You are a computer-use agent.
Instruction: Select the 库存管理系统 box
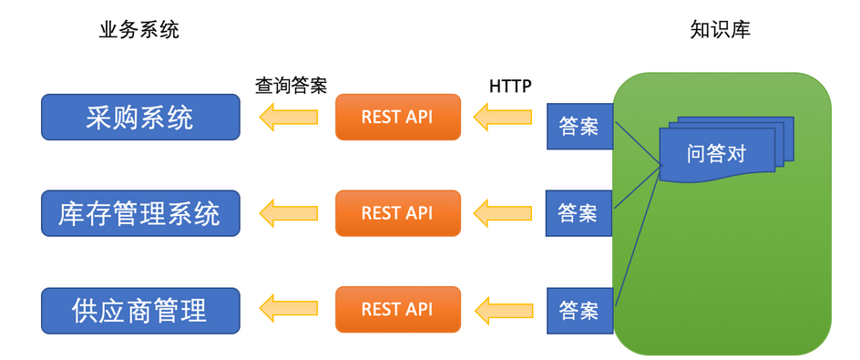coord(141,214)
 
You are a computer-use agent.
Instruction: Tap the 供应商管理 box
coord(141,310)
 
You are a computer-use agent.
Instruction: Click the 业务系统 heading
coord(139,30)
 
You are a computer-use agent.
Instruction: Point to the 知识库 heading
coord(721,30)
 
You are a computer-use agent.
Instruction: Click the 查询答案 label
coord(291,86)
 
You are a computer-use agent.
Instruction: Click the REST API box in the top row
coord(397,117)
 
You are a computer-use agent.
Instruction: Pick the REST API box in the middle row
coord(397,213)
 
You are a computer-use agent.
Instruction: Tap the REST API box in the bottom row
coord(397,310)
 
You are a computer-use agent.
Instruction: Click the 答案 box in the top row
coord(579,127)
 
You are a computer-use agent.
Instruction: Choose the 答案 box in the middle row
coord(578,213)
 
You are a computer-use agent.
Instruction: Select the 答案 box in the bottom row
coord(579,311)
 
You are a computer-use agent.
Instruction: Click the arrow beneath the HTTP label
coord(503,117)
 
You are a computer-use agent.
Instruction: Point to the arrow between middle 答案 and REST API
coord(503,213)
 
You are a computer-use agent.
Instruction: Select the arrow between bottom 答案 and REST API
coord(503,310)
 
